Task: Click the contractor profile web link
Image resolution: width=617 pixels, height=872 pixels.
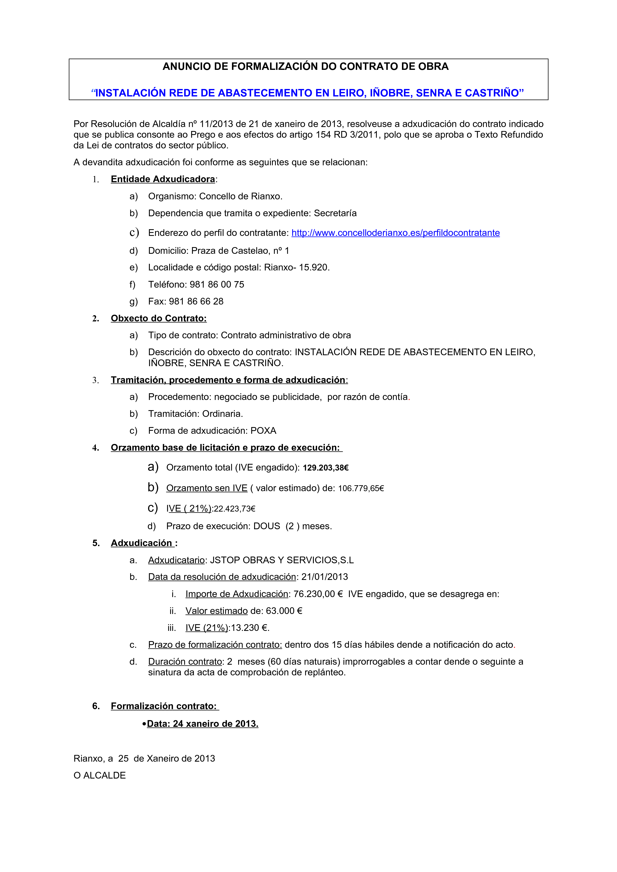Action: (x=395, y=233)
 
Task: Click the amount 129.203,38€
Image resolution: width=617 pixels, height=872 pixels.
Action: (x=325, y=468)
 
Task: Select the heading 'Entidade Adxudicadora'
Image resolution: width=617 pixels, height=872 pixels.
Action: (x=163, y=179)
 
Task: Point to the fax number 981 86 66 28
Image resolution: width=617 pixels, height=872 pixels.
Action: (x=196, y=302)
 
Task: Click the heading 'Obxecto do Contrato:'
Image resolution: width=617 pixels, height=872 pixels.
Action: (x=159, y=318)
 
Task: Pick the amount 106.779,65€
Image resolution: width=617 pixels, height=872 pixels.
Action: (x=361, y=488)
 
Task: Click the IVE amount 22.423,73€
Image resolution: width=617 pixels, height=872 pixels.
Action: (x=234, y=509)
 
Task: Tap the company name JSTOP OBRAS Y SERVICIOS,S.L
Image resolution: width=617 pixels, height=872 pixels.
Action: (x=282, y=560)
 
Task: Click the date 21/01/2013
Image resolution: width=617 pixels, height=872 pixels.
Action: (x=325, y=577)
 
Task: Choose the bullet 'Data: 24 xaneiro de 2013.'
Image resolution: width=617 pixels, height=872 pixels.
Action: (x=202, y=724)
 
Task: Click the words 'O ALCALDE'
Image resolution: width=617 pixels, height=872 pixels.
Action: (x=100, y=776)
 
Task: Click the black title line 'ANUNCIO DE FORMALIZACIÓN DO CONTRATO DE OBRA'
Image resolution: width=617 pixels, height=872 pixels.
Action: (x=306, y=66)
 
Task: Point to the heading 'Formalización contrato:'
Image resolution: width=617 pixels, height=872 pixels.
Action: (x=164, y=706)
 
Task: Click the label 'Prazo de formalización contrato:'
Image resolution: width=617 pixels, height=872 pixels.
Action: (x=215, y=645)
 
